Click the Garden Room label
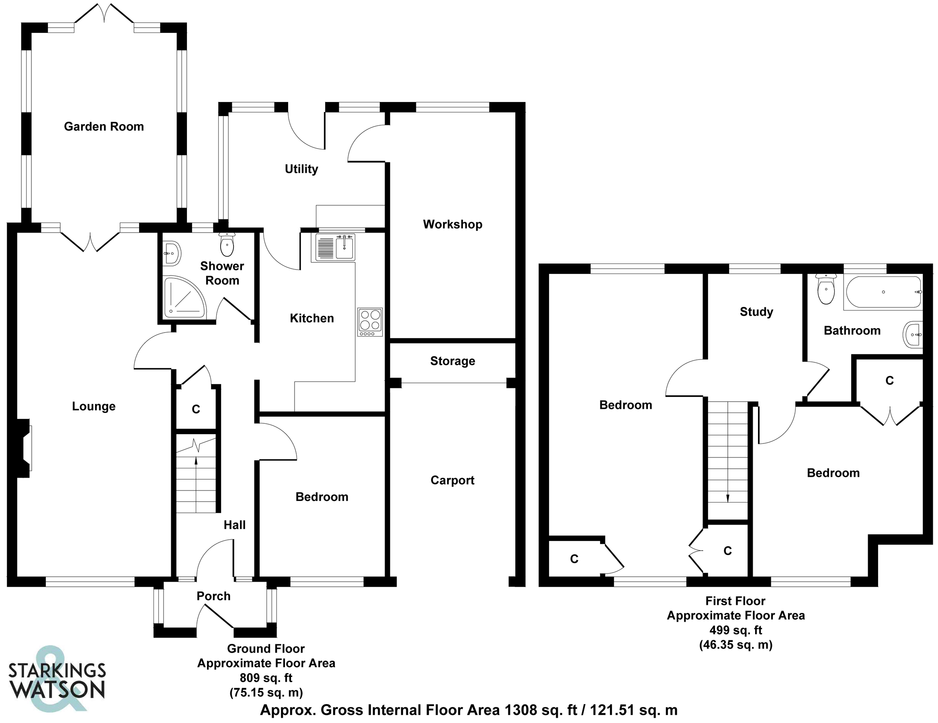(x=104, y=127)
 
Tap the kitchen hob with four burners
(x=370, y=322)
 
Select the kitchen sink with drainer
(x=335, y=248)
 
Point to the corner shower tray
(x=184, y=297)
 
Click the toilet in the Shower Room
(x=226, y=245)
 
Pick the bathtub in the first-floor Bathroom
(x=883, y=292)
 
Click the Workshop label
(x=452, y=224)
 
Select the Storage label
(x=452, y=361)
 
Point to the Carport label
(x=452, y=480)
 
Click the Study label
(x=756, y=312)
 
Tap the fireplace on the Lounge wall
(x=24, y=448)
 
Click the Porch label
(x=213, y=596)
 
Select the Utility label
(x=301, y=169)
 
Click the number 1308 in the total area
(x=520, y=711)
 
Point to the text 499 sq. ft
(x=735, y=630)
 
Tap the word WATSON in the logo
(x=57, y=690)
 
